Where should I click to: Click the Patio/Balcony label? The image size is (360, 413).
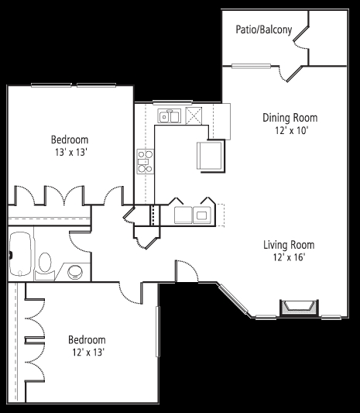(264, 29)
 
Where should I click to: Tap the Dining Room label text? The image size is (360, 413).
(290, 118)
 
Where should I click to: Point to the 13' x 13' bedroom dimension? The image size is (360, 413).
(70, 152)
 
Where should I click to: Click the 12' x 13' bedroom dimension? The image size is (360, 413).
(88, 352)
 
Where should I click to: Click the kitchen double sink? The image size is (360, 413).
(170, 116)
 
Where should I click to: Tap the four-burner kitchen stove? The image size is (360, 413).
(146, 161)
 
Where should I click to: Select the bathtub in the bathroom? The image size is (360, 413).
(21, 254)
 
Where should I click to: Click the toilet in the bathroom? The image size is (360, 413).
(45, 266)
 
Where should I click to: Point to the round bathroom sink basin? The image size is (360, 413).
(75, 272)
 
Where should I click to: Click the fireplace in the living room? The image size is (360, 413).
(299, 308)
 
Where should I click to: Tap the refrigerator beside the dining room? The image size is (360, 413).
(210, 156)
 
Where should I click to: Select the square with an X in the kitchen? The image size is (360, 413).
(194, 115)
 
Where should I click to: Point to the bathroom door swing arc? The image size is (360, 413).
(77, 243)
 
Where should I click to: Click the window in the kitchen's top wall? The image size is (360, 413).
(173, 102)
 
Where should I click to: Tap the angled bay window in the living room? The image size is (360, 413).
(234, 299)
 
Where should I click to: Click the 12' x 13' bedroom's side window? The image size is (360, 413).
(158, 332)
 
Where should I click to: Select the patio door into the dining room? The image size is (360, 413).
(290, 74)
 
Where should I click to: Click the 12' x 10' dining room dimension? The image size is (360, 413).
(291, 130)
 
